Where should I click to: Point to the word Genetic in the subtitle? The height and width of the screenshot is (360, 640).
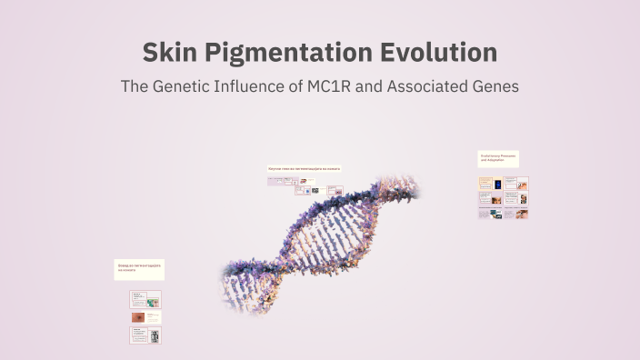(185, 88)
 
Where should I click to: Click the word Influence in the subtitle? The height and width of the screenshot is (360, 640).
(261, 88)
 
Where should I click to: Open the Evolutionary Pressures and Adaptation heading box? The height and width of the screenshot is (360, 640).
(498, 158)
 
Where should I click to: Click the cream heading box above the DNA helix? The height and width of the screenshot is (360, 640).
(304, 169)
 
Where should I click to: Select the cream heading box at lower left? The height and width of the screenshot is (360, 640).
(139, 269)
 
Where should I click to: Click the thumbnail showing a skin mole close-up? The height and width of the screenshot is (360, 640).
(140, 317)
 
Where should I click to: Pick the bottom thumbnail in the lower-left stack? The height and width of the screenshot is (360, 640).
(145, 335)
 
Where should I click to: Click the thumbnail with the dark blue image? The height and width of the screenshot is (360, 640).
(496, 198)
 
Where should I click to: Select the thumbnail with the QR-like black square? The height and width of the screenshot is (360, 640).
(315, 190)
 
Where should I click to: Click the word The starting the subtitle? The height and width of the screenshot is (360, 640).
(135, 88)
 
